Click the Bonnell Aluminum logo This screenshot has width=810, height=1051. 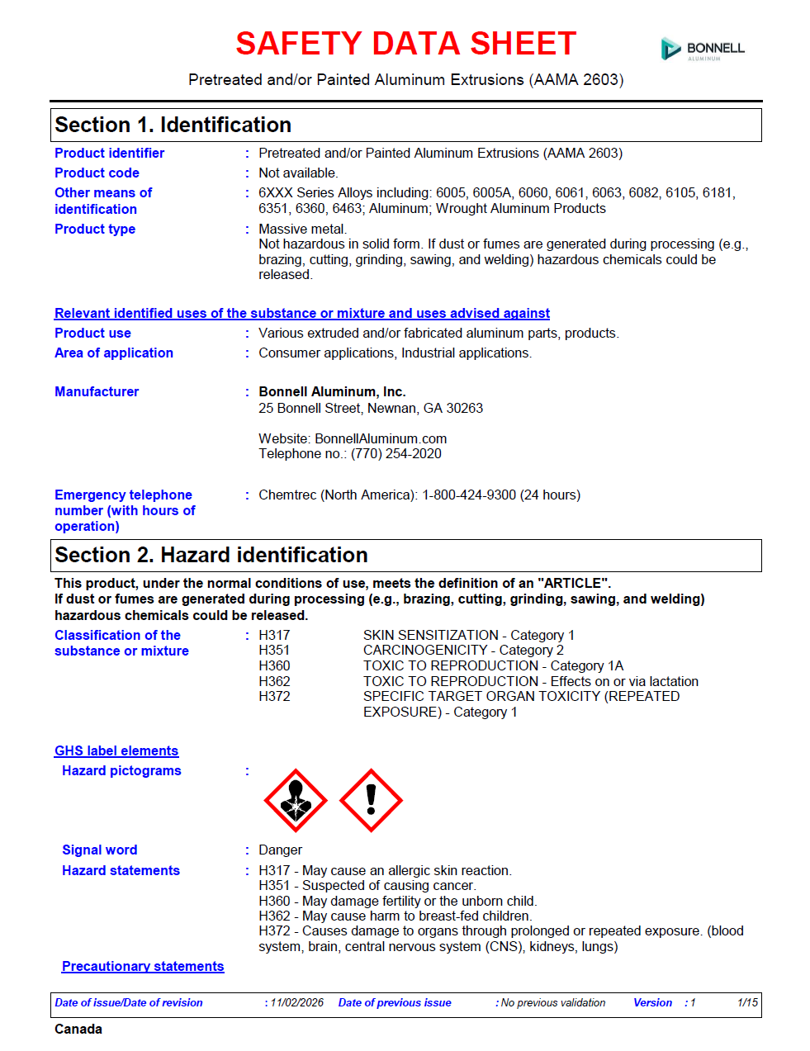point(703,50)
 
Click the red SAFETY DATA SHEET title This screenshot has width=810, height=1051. point(405,44)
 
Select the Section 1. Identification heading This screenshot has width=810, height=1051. point(173,125)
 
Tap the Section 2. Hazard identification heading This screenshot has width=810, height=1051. point(211,555)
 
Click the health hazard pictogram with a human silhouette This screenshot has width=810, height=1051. point(295,800)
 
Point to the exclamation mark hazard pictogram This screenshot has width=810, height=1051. point(371,800)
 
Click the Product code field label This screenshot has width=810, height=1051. point(97,173)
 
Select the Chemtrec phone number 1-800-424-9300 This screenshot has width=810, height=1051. point(468,495)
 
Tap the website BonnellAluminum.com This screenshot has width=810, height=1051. point(381,438)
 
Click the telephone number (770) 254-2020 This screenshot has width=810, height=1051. point(396,453)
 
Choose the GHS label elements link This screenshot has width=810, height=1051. point(116,750)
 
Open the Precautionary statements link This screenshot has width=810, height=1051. point(143,966)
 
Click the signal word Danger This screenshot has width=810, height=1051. point(280,850)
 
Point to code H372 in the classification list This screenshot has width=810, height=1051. point(274,696)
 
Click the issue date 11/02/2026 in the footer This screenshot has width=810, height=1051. point(297,1002)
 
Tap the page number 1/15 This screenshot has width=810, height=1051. point(747,1002)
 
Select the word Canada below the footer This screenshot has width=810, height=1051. point(78,1029)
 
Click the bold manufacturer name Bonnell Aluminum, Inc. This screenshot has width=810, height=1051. point(332,391)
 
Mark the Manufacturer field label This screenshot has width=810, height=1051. point(97,391)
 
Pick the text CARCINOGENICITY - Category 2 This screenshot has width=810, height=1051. point(463,650)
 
